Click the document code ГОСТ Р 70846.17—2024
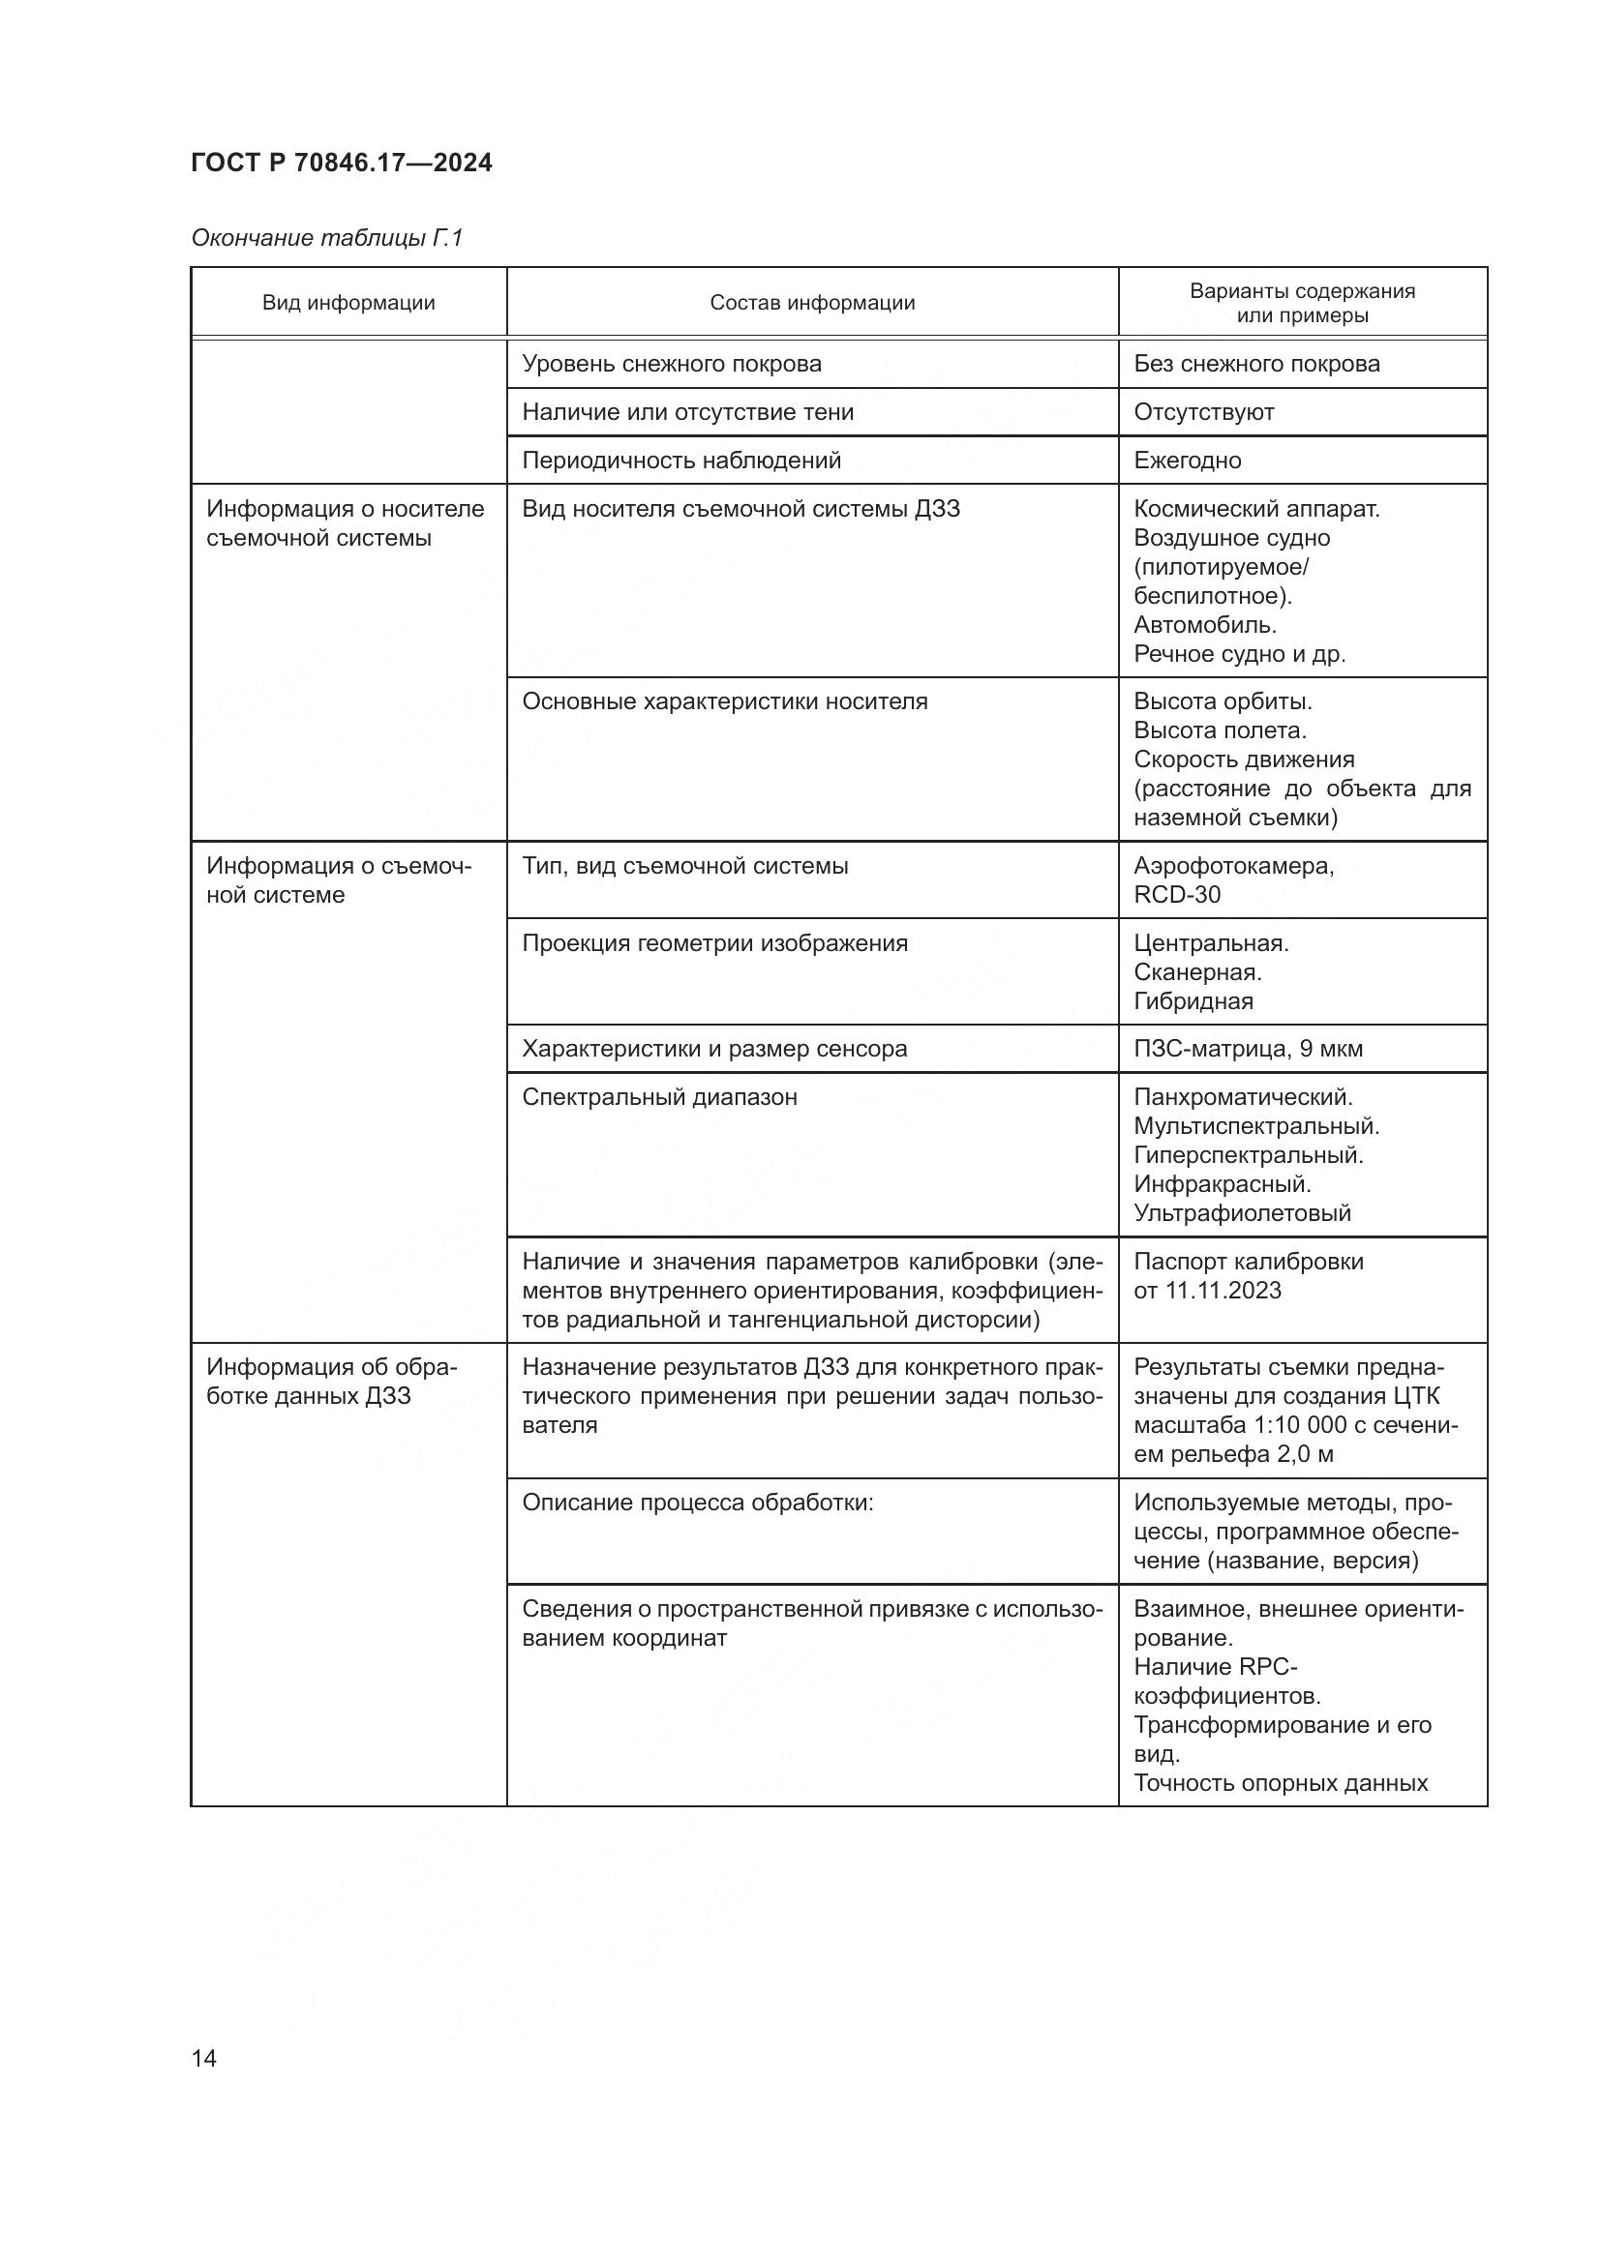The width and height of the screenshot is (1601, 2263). (341, 163)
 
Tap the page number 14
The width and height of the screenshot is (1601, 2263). (204, 2058)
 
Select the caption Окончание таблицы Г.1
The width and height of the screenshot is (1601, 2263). (326, 238)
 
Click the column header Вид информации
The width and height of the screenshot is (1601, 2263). (348, 303)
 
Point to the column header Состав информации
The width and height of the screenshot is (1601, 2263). (811, 303)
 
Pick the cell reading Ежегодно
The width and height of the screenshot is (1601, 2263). (1187, 461)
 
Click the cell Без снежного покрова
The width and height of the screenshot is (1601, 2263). (1256, 364)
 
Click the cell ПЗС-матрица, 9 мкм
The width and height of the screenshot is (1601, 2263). (1247, 1049)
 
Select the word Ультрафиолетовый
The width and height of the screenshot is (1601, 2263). (1241, 1212)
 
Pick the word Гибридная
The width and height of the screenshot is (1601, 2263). (1193, 1000)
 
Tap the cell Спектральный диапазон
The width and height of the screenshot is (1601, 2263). (658, 1097)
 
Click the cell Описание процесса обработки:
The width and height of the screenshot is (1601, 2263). (697, 1503)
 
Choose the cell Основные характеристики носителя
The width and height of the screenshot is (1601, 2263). (724, 701)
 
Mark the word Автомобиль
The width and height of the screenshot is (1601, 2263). (1205, 624)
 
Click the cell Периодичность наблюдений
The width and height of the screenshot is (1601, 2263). (680, 461)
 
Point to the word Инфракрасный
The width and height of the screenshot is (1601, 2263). (1222, 1183)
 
